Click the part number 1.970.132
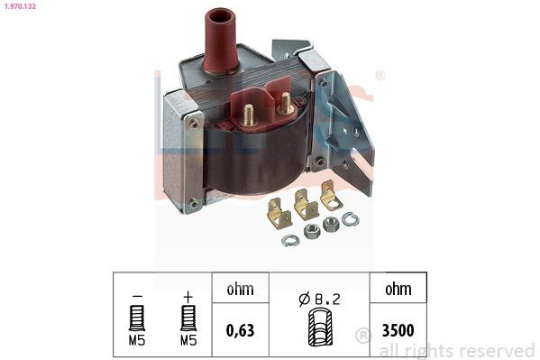pyautogui.click(x=20, y=5)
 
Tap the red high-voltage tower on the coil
pyautogui.click(x=220, y=41)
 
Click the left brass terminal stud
pyautogui.click(x=249, y=115)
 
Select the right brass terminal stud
pyautogui.click(x=286, y=103)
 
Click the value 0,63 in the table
pyautogui.click(x=241, y=330)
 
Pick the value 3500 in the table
pyautogui.click(x=398, y=330)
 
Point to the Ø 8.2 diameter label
pyautogui.click(x=320, y=299)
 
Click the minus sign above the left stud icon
pyautogui.click(x=137, y=296)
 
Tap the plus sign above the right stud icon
pyautogui.click(x=188, y=297)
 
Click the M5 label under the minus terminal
pyautogui.click(x=137, y=340)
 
